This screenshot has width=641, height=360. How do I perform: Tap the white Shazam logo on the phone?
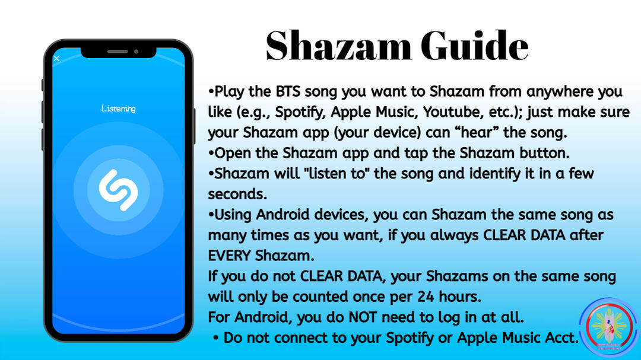119,190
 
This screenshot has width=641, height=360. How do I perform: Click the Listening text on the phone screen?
119,109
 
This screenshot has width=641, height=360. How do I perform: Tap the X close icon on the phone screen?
57,59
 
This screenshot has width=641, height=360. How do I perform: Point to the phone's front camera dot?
136,52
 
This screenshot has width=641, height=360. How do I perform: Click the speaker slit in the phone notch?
118,52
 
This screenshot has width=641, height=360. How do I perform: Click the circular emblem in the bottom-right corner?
609,327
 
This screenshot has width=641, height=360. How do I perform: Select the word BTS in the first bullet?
288,91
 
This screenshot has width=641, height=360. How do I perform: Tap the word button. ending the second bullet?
544,153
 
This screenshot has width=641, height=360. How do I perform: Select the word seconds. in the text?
237,194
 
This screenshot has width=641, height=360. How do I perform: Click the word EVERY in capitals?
229,256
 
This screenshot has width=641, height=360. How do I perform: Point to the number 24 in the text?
426,297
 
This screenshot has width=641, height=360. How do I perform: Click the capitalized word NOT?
362,317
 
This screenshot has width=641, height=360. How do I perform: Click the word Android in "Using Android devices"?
283,215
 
